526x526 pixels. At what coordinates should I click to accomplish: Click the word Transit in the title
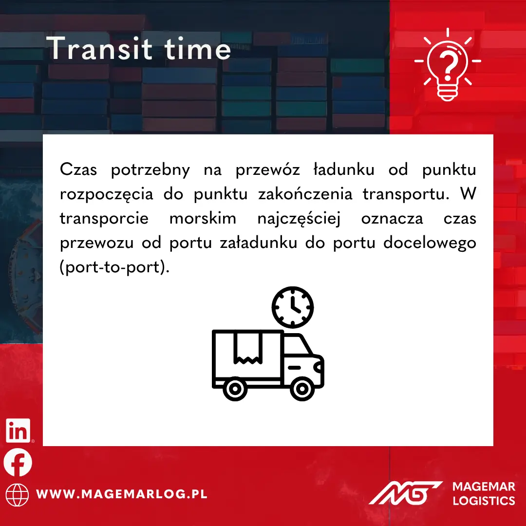click(x=99, y=48)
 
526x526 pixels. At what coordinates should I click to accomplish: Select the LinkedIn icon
click(x=18, y=431)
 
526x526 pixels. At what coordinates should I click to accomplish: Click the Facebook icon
click(x=18, y=462)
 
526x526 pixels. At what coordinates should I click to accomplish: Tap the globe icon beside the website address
click(x=17, y=495)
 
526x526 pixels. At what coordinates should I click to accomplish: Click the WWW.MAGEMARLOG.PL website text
click(x=122, y=494)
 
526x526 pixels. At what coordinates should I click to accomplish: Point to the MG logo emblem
click(x=405, y=492)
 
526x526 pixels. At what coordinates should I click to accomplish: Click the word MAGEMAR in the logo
click(x=484, y=487)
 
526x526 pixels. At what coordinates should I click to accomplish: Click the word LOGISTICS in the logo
click(x=484, y=501)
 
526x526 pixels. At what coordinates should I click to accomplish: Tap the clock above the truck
click(x=293, y=307)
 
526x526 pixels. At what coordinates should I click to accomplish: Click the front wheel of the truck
click(x=302, y=389)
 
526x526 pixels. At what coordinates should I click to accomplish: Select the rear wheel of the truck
click(x=235, y=389)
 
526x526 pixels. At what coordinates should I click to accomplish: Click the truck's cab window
click(x=297, y=345)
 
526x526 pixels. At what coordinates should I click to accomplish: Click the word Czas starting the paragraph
click(x=78, y=169)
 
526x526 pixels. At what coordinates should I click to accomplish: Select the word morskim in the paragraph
click(x=203, y=218)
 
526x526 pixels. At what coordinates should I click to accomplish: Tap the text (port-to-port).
click(x=115, y=267)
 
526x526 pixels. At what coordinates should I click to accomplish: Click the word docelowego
click(x=430, y=243)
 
